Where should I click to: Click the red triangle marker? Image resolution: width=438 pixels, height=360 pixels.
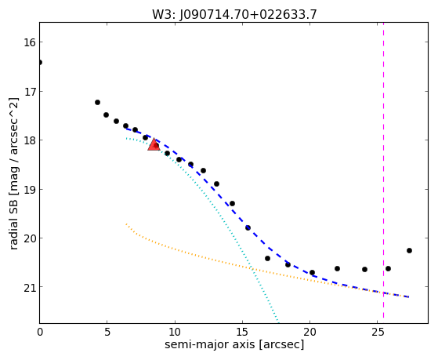[x=154, y=144]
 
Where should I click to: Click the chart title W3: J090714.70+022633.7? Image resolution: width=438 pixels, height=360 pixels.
[x=234, y=15]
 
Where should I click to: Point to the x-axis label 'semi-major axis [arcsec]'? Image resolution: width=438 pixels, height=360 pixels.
[x=234, y=344]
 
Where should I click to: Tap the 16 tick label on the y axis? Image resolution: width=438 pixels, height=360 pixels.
[x=29, y=42]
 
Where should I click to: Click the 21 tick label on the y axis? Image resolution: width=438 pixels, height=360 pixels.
[x=29, y=287]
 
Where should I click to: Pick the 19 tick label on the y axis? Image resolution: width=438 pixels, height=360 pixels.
[x=29, y=189]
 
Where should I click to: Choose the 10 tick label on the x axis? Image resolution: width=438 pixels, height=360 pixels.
[x=175, y=332]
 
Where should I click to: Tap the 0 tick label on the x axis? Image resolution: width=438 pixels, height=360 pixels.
[x=40, y=332]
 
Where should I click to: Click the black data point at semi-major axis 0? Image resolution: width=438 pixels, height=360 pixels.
[x=40, y=62]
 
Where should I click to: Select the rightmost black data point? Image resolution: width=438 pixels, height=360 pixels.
[x=409, y=251]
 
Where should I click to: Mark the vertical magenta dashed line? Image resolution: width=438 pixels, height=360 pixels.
[x=383, y=170]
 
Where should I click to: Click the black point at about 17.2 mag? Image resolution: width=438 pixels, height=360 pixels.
[x=97, y=103]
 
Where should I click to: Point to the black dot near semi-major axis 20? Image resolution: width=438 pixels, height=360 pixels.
[x=312, y=272]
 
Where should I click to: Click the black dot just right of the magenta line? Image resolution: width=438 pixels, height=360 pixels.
[x=388, y=268]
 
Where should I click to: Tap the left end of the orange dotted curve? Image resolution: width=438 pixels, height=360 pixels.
[x=126, y=224]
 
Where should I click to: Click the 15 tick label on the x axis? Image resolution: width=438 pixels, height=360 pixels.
[x=242, y=332]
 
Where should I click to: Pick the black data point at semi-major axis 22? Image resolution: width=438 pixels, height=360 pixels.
[x=337, y=268]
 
